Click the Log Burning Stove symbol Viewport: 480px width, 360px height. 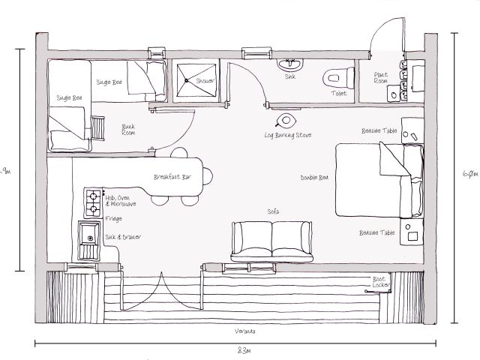(287, 120)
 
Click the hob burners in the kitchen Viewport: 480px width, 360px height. (94, 202)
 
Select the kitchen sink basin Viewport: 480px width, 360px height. (90, 238)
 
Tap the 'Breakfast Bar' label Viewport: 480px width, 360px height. (171, 178)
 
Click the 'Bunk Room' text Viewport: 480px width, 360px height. (128, 130)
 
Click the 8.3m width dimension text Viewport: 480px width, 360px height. (244, 350)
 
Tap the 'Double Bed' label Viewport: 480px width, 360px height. (313, 178)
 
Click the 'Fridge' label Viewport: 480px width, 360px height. (114, 218)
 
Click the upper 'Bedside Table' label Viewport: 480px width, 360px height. (378, 130)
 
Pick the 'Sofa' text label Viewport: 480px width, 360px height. (273, 212)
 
